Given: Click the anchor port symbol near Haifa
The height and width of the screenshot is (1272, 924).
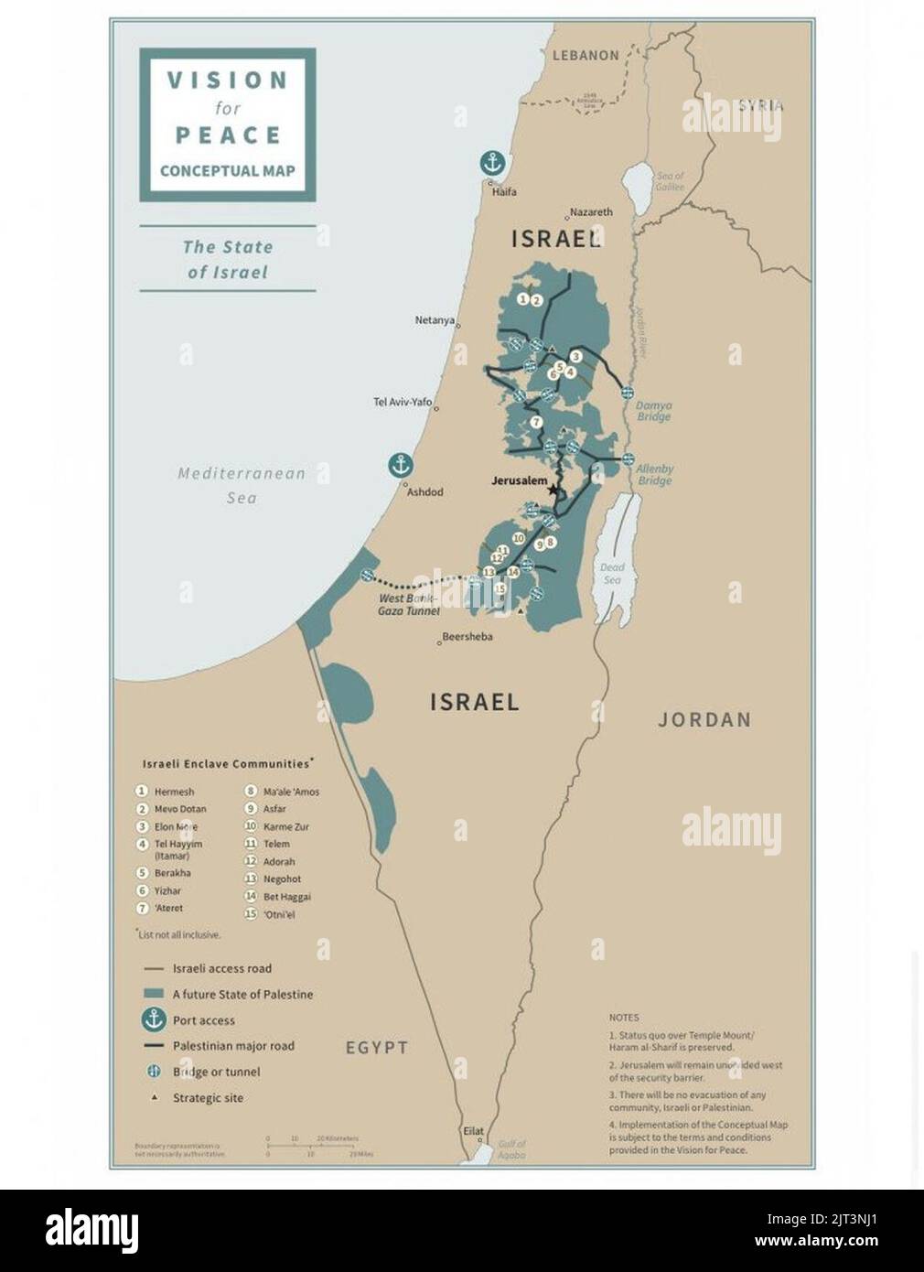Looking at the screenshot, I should tap(492, 164).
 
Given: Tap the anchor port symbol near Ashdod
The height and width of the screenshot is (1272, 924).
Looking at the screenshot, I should tap(400, 465).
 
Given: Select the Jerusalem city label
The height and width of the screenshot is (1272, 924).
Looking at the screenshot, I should tap(519, 480).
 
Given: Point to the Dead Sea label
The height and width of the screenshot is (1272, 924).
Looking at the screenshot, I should tap(612, 574).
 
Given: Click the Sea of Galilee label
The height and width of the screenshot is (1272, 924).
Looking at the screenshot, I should tap(670, 181).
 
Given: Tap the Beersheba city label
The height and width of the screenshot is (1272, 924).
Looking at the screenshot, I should tap(467, 637).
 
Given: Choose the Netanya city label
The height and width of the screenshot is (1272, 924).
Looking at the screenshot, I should tap(435, 320).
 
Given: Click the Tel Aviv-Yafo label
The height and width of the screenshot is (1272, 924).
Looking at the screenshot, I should tap(403, 402).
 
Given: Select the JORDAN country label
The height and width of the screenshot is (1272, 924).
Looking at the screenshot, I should tap(704, 720).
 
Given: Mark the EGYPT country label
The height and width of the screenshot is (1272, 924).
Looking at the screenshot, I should tap(376, 1048).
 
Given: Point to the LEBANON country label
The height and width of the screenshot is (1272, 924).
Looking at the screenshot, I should tap(586, 56).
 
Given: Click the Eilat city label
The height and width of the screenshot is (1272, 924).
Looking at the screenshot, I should tap(473, 1131).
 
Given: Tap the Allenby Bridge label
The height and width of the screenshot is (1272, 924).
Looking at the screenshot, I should tap(655, 474).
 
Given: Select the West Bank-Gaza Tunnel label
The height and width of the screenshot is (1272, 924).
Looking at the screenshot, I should tap(408, 605).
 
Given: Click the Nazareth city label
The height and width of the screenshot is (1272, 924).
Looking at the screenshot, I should tap(591, 211).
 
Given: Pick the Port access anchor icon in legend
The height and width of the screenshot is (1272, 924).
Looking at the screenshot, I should tap(154, 1019).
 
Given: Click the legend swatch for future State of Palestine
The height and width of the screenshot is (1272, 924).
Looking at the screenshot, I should tap(154, 994).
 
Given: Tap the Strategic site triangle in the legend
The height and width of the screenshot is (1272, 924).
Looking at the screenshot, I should tap(154, 1097).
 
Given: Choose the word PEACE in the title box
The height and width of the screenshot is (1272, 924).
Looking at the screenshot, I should tap(228, 135).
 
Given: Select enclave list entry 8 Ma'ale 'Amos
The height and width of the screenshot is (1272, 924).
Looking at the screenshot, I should tap(284, 792).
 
